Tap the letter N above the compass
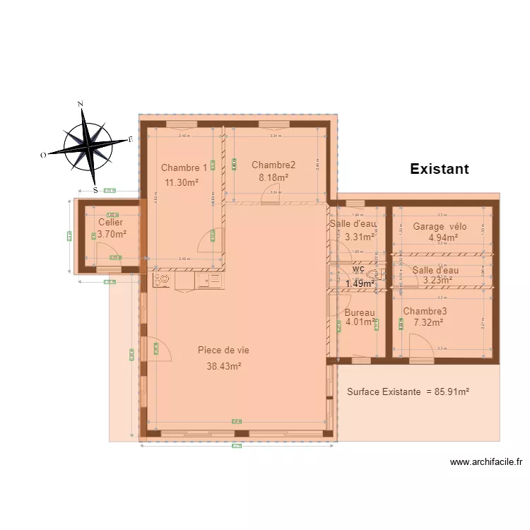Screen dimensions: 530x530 (81, 105)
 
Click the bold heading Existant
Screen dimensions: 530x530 (439, 169)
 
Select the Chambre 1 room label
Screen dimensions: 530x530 (184, 167)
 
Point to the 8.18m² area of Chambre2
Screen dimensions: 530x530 (273, 177)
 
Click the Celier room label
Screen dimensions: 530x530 (110, 223)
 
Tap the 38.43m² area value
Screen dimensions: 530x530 (224, 366)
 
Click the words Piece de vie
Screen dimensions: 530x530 (223, 350)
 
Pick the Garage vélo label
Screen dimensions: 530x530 (440, 227)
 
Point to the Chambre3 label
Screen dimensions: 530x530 (425, 311)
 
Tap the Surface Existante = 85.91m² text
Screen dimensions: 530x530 (408, 391)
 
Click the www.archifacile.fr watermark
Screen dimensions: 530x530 (486, 463)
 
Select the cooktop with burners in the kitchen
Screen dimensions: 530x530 (161, 281)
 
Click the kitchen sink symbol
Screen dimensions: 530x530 (208, 281)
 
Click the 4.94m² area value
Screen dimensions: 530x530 (443, 238)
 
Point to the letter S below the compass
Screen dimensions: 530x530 (95, 189)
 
